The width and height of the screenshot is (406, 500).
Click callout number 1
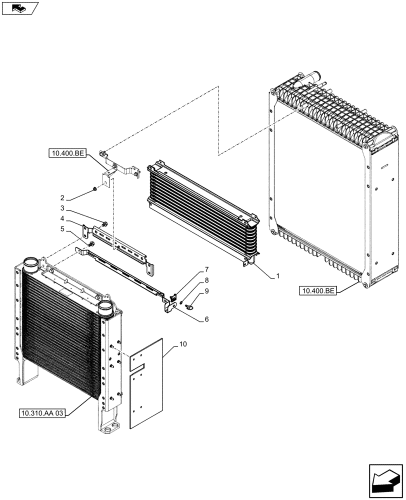click(278, 275)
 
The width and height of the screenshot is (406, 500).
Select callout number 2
click(62, 197)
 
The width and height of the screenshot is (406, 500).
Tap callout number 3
click(62, 208)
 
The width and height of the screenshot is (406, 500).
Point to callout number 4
click(62, 218)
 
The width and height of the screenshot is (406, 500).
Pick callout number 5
click(62, 229)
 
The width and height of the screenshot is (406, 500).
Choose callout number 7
click(206, 270)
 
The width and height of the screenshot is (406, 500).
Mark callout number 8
click(206, 280)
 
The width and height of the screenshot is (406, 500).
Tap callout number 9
click(206, 290)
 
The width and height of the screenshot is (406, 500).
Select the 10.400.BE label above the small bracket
click(68, 153)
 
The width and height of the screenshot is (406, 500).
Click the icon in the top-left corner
click(20, 8)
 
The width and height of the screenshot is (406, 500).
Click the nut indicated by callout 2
click(94, 189)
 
